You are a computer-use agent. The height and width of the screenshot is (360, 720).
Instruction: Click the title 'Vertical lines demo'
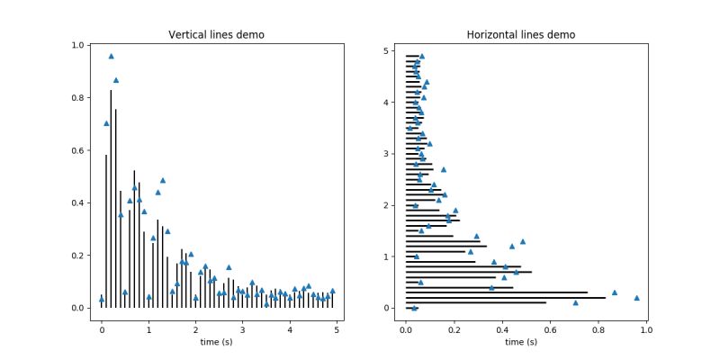[222, 35]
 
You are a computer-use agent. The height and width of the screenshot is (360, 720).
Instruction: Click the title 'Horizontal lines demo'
[521, 35]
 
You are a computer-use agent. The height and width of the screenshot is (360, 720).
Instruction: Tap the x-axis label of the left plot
[219, 341]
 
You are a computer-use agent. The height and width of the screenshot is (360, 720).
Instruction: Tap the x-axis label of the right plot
[521, 341]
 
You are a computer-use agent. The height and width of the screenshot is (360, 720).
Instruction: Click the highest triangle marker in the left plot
[111, 56]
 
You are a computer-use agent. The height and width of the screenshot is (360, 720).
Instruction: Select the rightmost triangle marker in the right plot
[636, 298]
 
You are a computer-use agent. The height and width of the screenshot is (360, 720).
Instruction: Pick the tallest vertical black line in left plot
[111, 198]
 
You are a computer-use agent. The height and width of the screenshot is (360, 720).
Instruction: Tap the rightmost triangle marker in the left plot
[332, 291]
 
